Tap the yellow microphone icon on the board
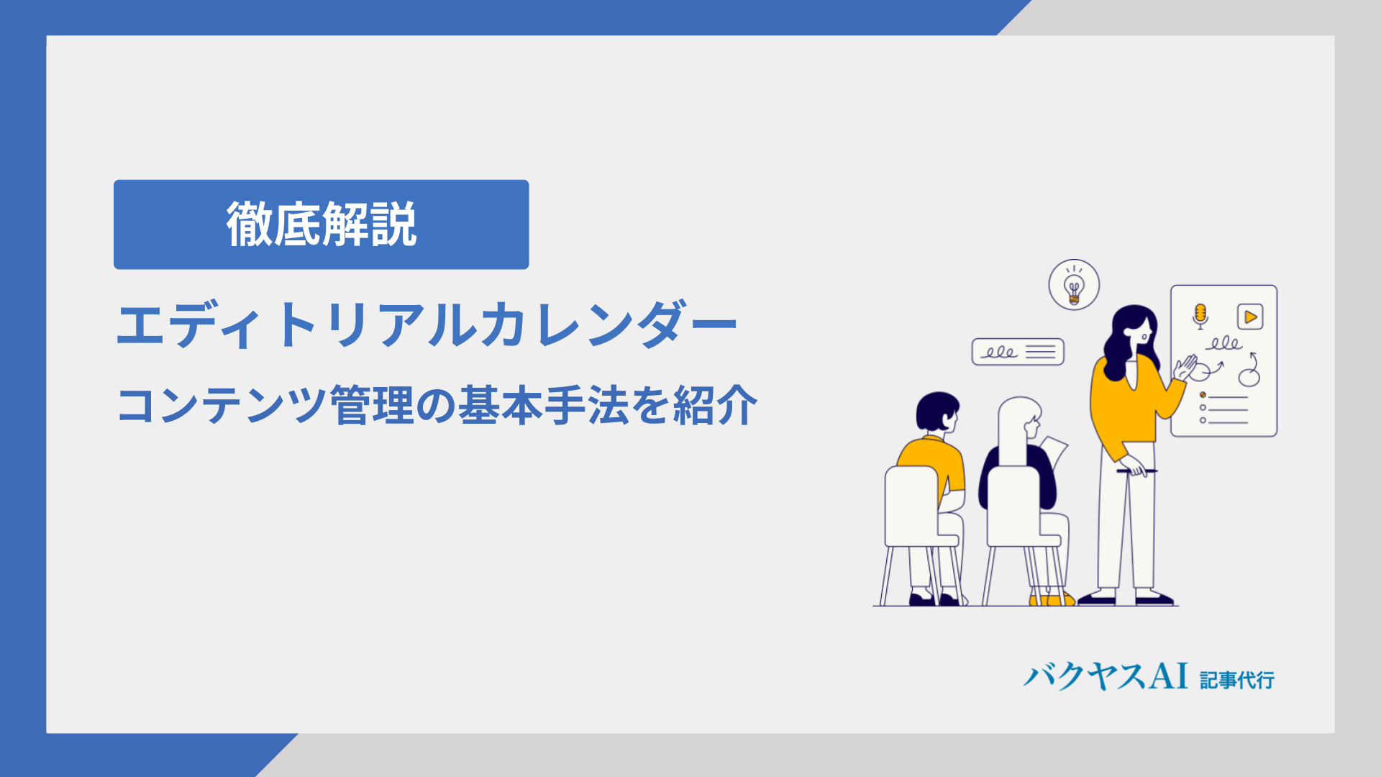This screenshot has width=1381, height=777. coord(1200,315)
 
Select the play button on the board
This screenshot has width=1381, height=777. coord(1250,317)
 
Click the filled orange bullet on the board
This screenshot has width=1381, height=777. coord(1203,395)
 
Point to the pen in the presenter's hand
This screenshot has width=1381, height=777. coord(1136,471)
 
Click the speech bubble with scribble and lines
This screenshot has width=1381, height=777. coord(1018,352)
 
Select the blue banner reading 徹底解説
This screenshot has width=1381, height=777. coord(322,224)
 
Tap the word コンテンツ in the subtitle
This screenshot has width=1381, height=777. coord(222,405)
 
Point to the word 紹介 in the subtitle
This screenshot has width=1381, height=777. coord(715,405)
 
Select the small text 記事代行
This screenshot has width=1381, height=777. coord(1237,680)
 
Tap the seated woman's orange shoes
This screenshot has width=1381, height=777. coord(1051,599)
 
